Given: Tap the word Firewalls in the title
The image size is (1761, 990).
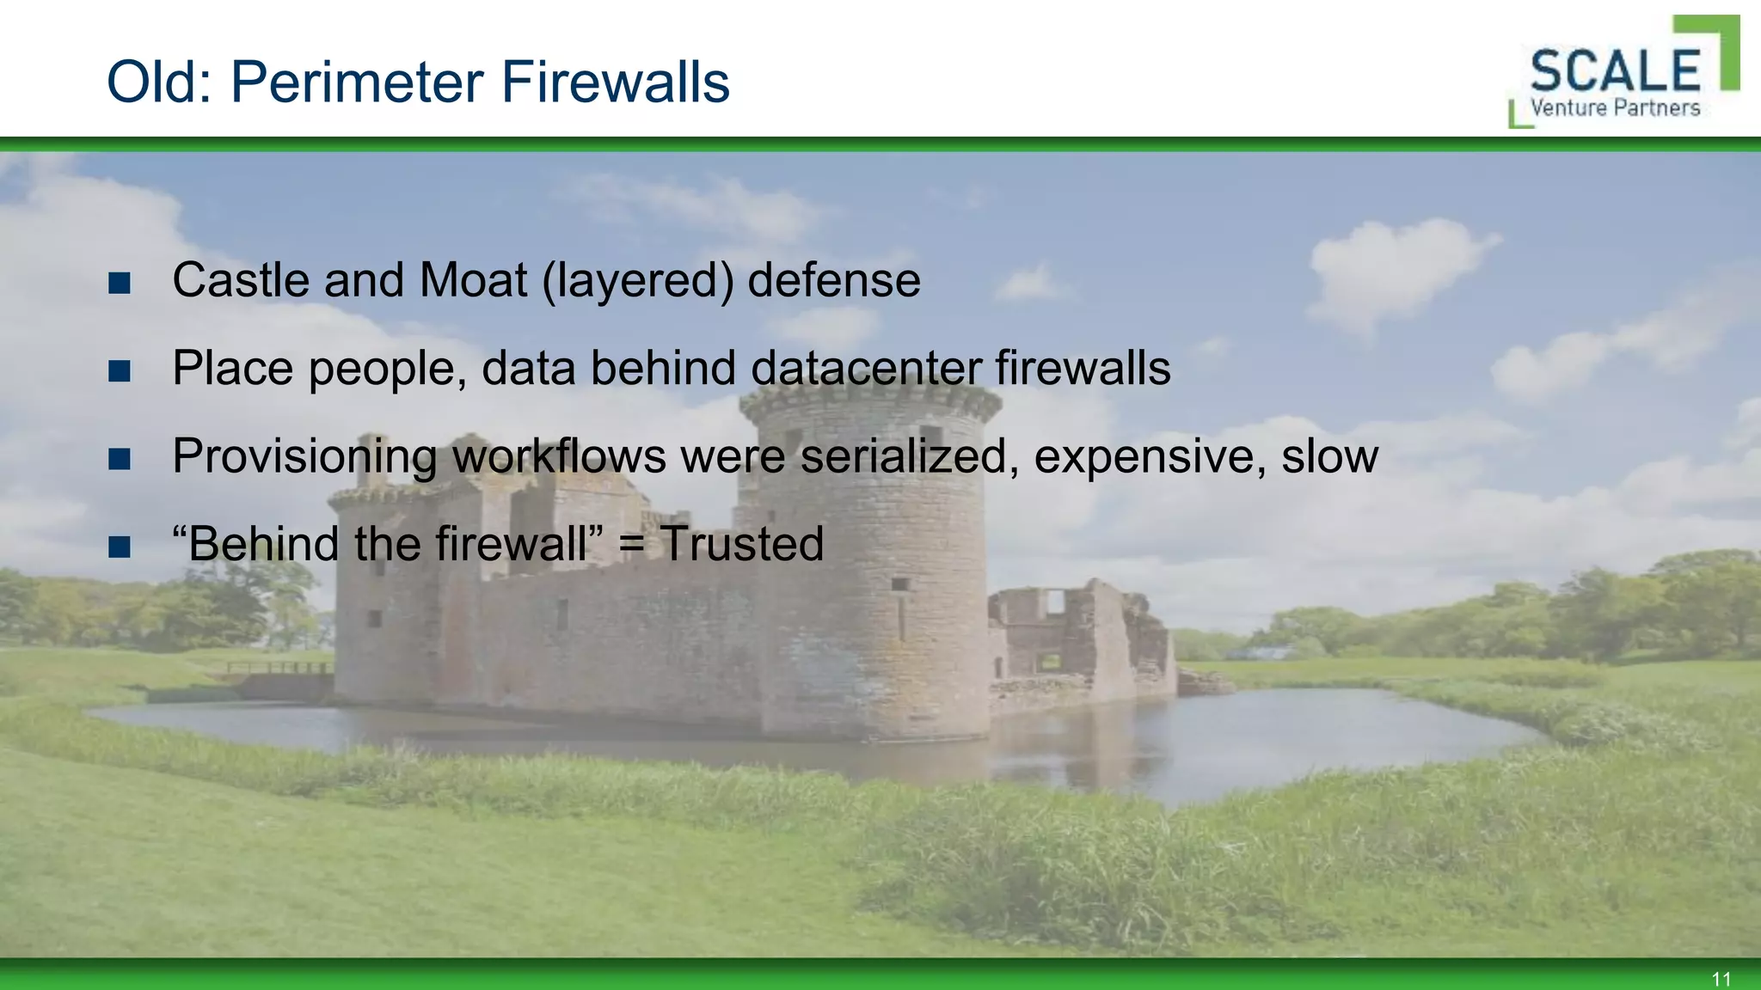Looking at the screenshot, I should tap(615, 82).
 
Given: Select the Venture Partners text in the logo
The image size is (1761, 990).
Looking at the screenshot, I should tap(1615, 108).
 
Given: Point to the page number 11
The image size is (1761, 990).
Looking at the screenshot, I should tap(1721, 979).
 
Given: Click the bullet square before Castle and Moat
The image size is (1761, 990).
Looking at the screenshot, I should tap(120, 283).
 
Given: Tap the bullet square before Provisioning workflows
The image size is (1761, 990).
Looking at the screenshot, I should tap(120, 459).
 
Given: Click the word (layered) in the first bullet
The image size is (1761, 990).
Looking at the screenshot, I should tap(637, 282).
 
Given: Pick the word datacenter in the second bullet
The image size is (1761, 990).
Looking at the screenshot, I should tap(865, 369).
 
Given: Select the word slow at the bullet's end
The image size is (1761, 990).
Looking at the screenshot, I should tap(1329, 456).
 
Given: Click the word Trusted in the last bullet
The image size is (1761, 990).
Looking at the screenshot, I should tap(741, 544).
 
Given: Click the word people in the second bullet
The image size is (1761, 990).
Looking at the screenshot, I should tap(387, 370).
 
